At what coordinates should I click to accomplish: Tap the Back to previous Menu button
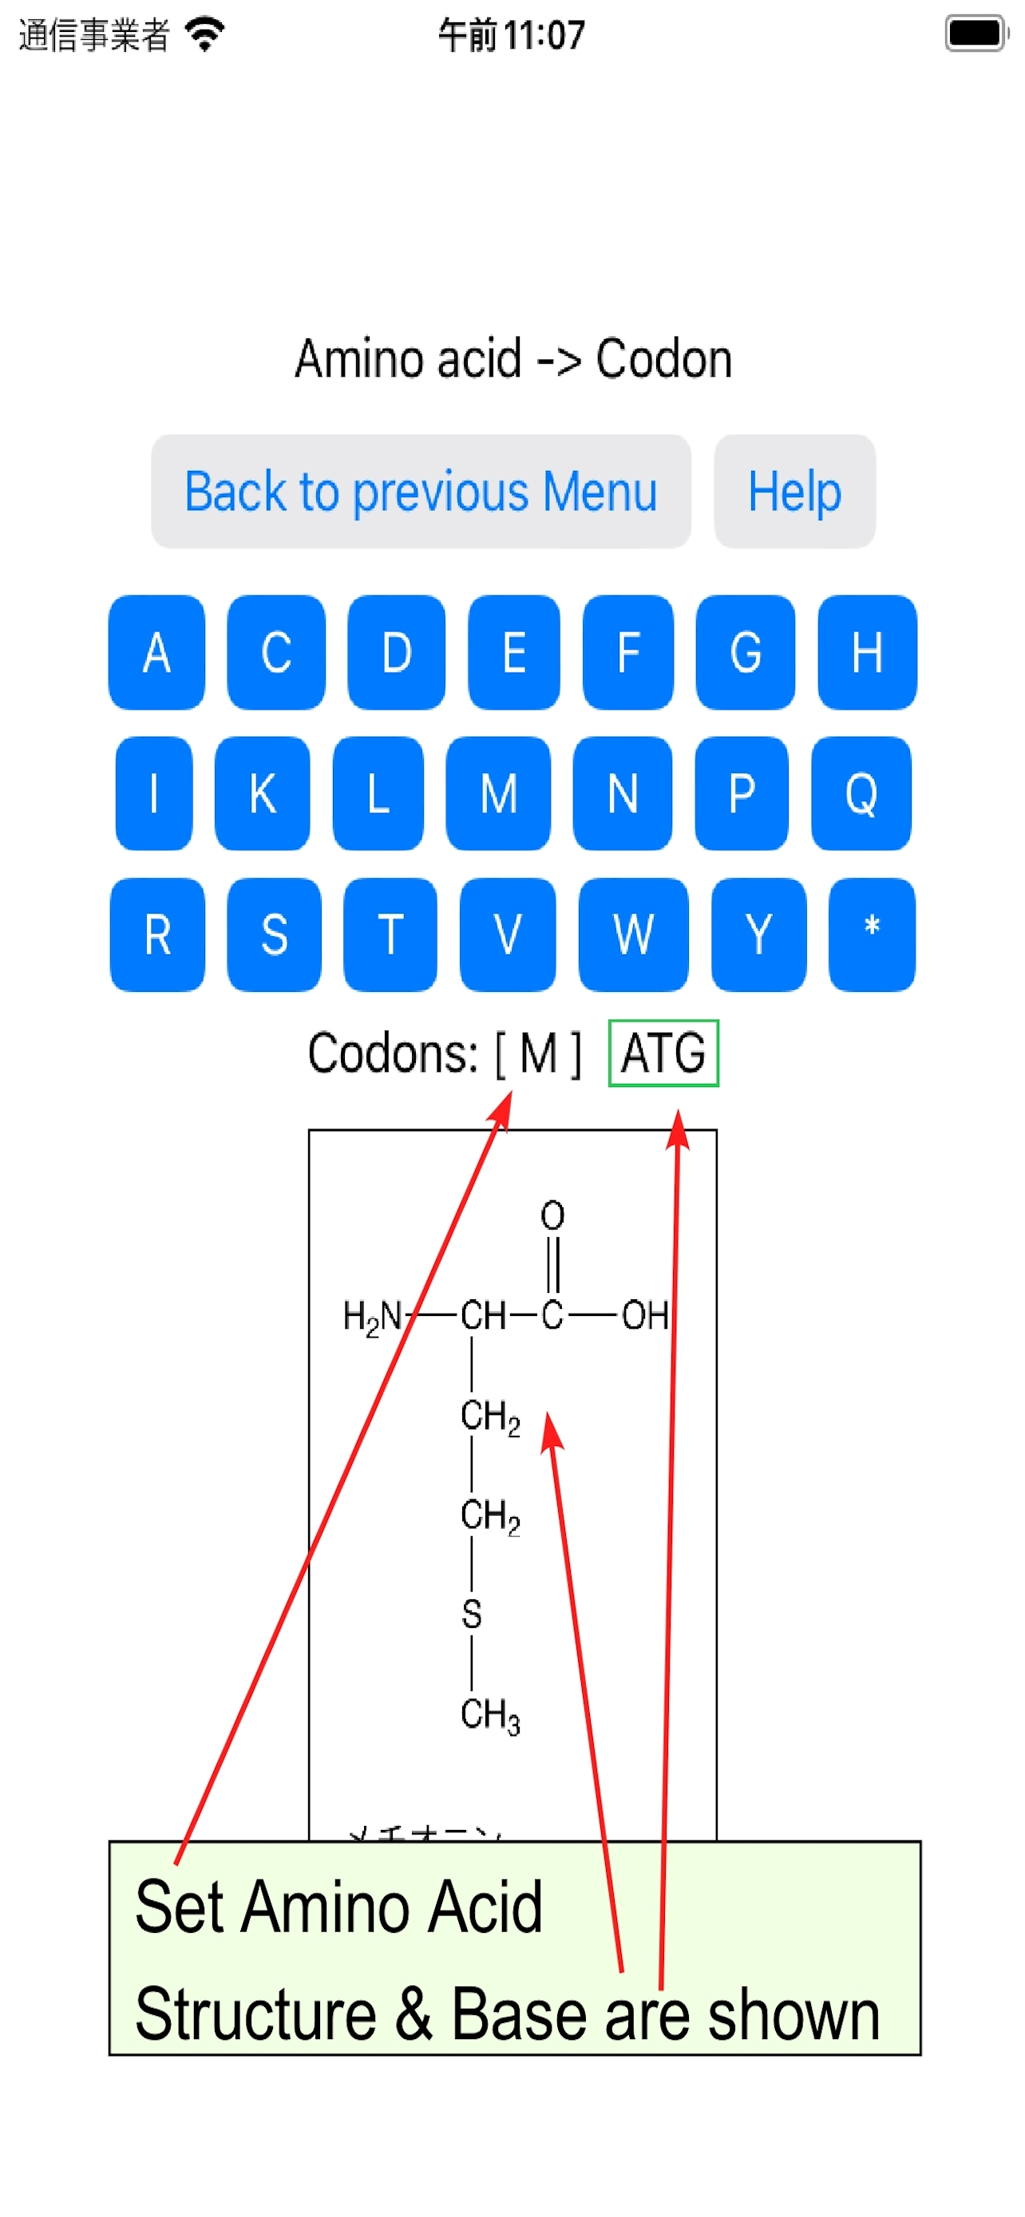(420, 492)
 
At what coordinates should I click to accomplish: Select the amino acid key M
(497, 793)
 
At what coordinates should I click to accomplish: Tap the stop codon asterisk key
(871, 934)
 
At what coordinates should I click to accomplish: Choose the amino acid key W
(632, 934)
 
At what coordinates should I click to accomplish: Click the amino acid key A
(156, 652)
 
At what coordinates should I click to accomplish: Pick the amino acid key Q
(860, 793)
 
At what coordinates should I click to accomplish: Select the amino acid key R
(157, 934)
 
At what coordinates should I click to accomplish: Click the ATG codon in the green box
(663, 1053)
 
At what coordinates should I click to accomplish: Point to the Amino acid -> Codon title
(513, 358)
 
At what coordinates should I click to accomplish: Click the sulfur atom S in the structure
(472, 1614)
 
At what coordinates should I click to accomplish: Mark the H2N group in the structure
(372, 1316)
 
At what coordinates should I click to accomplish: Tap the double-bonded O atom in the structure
(552, 1215)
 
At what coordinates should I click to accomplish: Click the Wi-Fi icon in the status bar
(206, 34)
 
